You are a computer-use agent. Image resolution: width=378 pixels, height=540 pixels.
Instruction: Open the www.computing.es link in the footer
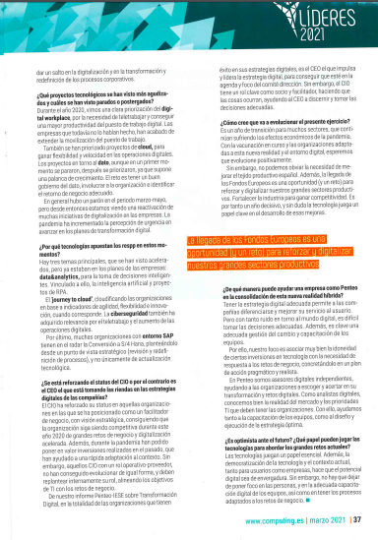[x=279, y=519]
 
